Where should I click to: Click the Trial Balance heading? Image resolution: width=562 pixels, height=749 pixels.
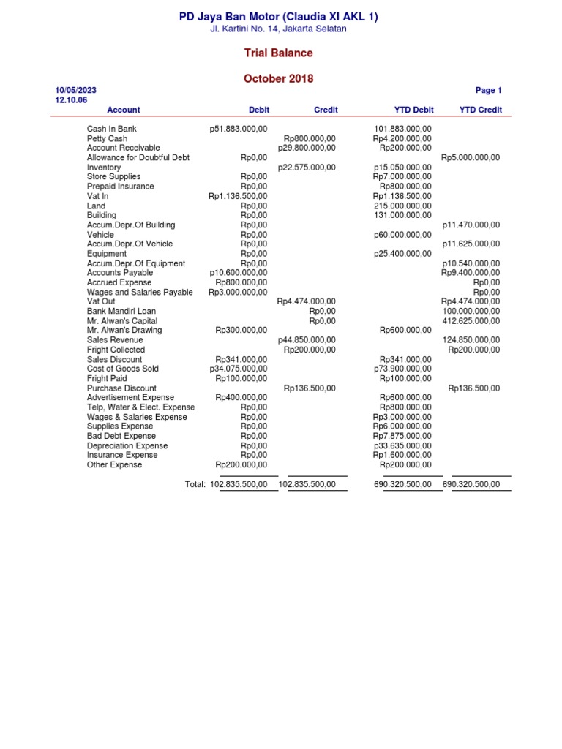pyautogui.click(x=278, y=53)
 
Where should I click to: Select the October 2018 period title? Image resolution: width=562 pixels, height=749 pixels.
pyautogui.click(x=278, y=78)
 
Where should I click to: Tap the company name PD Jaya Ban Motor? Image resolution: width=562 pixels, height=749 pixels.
pyautogui.click(x=279, y=17)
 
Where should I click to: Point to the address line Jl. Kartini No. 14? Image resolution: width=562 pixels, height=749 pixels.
pyautogui.click(x=279, y=29)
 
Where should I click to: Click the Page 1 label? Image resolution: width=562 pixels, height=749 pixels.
pyautogui.click(x=488, y=91)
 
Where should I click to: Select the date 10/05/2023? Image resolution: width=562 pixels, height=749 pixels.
pyautogui.click(x=75, y=91)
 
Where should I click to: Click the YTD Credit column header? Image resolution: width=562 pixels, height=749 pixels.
pyautogui.click(x=481, y=110)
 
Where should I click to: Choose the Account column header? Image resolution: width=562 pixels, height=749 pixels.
pyautogui.click(x=123, y=110)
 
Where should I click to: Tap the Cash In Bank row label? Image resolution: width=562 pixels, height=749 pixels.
pyautogui.click(x=112, y=129)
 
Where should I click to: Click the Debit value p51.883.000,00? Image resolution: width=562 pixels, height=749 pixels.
pyautogui.click(x=239, y=129)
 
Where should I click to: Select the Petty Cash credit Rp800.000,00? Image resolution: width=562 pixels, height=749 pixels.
pyautogui.click(x=310, y=138)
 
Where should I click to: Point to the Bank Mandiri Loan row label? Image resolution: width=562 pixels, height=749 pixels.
pyautogui.click(x=121, y=311)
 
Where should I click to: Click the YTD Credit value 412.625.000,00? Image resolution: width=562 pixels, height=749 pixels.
pyautogui.click(x=472, y=320)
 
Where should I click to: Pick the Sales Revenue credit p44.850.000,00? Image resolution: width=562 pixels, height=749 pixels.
pyautogui.click(x=307, y=340)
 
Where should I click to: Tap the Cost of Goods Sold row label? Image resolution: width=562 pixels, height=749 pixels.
pyautogui.click(x=122, y=369)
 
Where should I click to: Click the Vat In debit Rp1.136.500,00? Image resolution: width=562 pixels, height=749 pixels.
pyautogui.click(x=238, y=196)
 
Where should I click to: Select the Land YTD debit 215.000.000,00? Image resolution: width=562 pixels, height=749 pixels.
pyautogui.click(x=402, y=206)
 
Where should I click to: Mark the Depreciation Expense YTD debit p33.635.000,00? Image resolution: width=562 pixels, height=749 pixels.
pyautogui.click(x=402, y=445)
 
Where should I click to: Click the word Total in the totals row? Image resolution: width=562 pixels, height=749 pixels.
pyautogui.click(x=195, y=484)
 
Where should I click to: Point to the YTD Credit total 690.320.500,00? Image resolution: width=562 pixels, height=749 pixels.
pyautogui.click(x=472, y=484)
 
